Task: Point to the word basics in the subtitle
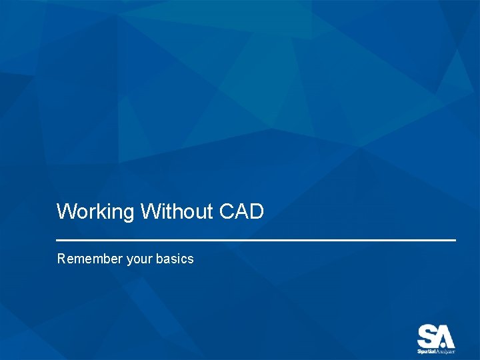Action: tap(175, 259)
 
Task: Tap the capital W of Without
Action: tap(149, 212)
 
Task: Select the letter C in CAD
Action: tap(226, 212)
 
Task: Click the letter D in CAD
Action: tap(257, 212)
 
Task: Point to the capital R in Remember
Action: tap(61, 259)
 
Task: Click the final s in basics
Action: tap(191, 259)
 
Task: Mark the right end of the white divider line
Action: tap(455, 240)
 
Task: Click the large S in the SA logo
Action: tap(427, 335)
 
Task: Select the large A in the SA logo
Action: tap(445, 335)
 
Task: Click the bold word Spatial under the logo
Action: tap(427, 351)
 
